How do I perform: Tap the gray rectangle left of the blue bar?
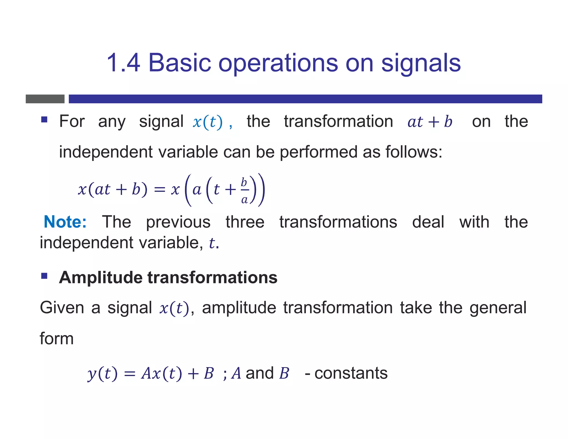pyautogui.click(x=45, y=99)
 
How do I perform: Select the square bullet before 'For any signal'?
pyautogui.click(x=44, y=120)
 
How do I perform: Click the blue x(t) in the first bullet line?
pyautogui.click(x=207, y=122)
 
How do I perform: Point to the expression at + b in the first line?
pyautogui.click(x=430, y=122)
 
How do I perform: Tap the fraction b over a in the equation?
pyautogui.click(x=244, y=191)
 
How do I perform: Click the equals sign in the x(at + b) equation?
pyautogui.click(x=159, y=190)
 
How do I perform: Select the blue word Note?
pyautogui.click(x=65, y=222)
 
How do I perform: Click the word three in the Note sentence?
pyautogui.click(x=245, y=222)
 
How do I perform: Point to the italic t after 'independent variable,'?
pyautogui.click(x=212, y=243)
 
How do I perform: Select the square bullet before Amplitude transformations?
pyautogui.click(x=44, y=276)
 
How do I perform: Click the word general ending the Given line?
pyautogui.click(x=498, y=308)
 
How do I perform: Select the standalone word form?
pyautogui.click(x=57, y=339)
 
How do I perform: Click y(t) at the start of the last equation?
pyautogui.click(x=102, y=373)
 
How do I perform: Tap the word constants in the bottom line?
pyautogui.click(x=351, y=373)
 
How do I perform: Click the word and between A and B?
pyautogui.click(x=260, y=373)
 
